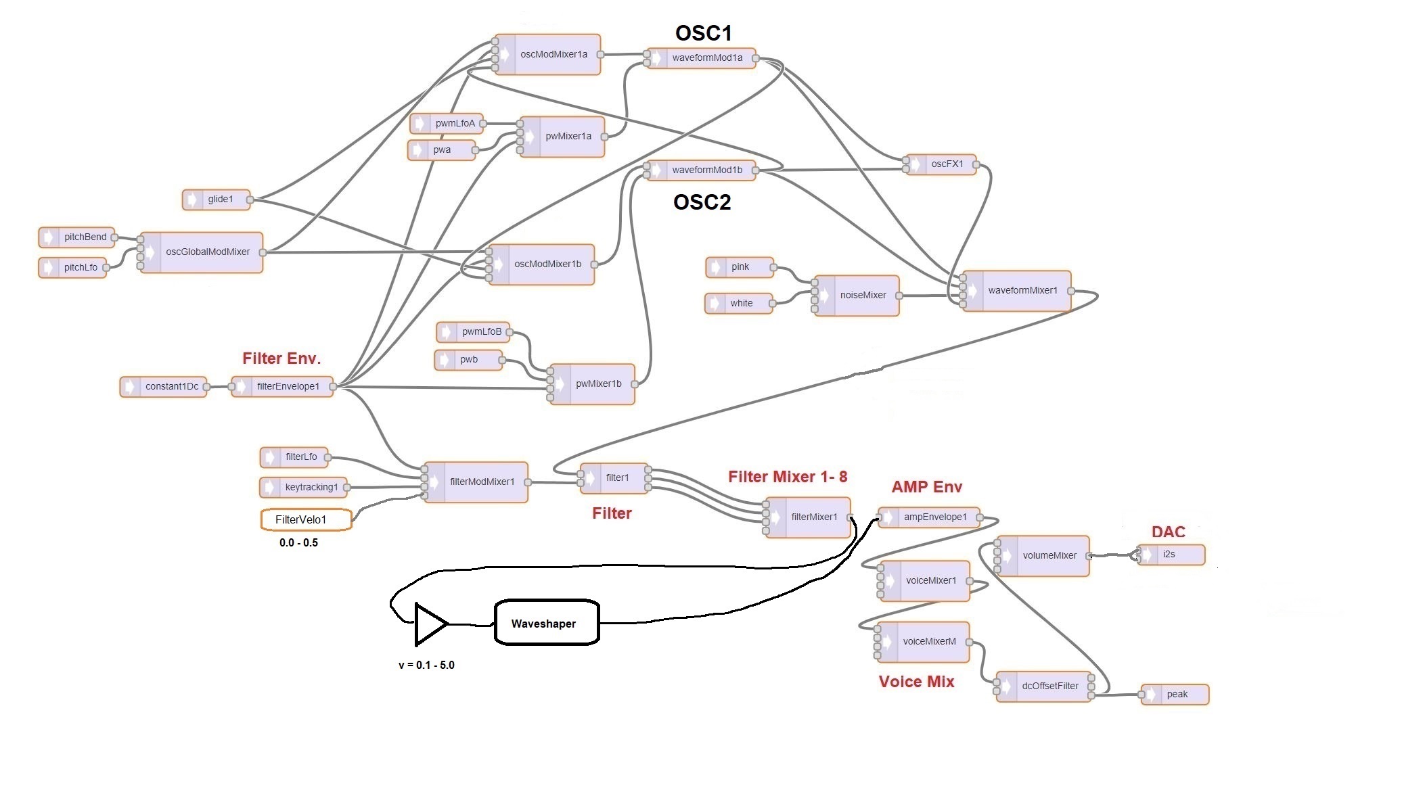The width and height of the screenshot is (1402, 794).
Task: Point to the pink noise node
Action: pos(739,267)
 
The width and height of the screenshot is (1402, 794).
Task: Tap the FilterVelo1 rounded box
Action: pos(306,519)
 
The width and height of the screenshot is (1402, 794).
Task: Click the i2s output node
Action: pos(1171,555)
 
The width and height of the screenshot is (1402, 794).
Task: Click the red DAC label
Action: pos(1169,532)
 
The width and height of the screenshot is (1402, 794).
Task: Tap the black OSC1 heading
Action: pos(703,32)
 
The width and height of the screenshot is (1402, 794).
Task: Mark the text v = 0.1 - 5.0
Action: pos(426,665)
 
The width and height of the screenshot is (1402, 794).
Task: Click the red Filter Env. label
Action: pos(281,358)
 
